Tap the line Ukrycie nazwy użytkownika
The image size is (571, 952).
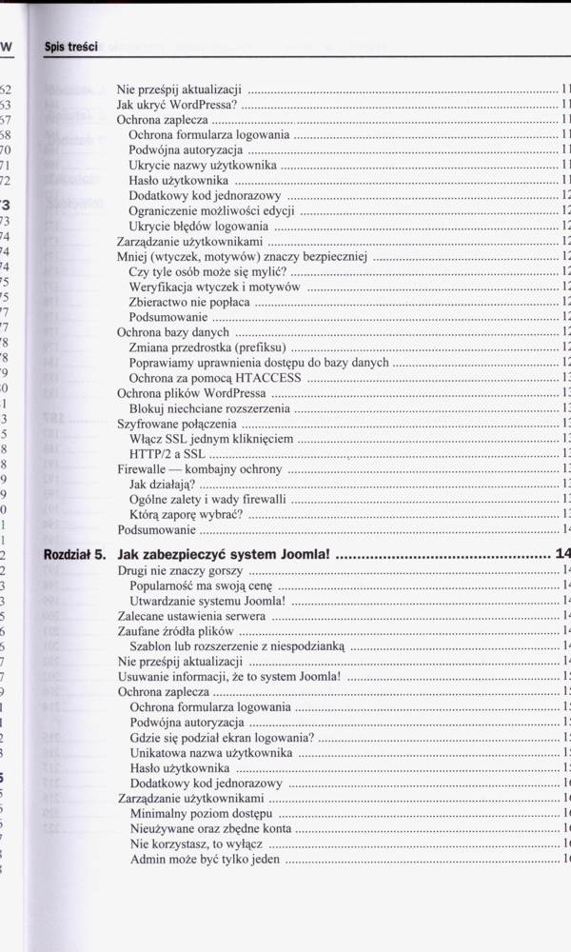203,166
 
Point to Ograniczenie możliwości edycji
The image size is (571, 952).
211,211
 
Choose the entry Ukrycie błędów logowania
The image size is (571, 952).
199,227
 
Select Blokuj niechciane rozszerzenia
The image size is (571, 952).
208,408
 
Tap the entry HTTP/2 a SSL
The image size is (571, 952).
167,454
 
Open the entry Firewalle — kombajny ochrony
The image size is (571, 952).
199,469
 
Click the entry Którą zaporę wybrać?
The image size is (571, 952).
186,515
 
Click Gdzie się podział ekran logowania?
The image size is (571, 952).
222,738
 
